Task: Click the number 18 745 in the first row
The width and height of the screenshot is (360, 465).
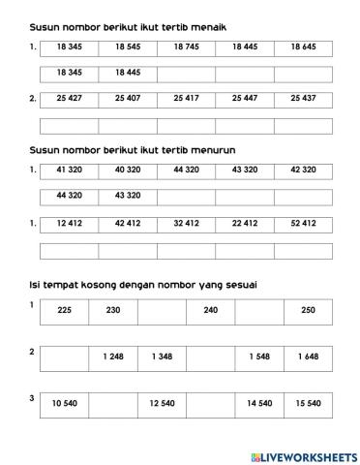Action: pyautogui.click(x=186, y=46)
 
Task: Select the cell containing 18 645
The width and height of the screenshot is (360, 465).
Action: pyautogui.click(x=303, y=46)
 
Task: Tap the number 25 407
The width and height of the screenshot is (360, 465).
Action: pyautogui.click(x=128, y=98)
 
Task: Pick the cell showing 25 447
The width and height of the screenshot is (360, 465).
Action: pyautogui.click(x=245, y=98)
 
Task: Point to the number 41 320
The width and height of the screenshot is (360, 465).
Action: pyautogui.click(x=70, y=170)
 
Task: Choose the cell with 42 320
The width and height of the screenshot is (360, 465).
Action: pyautogui.click(x=303, y=170)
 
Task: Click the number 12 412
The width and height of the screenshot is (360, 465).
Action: pyautogui.click(x=70, y=223)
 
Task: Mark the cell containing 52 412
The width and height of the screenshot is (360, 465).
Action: pyautogui.click(x=303, y=223)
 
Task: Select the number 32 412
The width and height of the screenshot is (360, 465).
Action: pyautogui.click(x=186, y=223)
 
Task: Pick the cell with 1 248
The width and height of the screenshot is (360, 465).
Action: pyautogui.click(x=112, y=356)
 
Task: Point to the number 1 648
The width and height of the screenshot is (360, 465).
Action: pyautogui.click(x=308, y=356)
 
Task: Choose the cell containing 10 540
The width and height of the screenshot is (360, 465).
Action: pyautogui.click(x=64, y=403)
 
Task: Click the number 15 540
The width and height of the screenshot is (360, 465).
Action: pyautogui.click(x=308, y=403)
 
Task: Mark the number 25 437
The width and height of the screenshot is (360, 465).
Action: pyautogui.click(x=303, y=98)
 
